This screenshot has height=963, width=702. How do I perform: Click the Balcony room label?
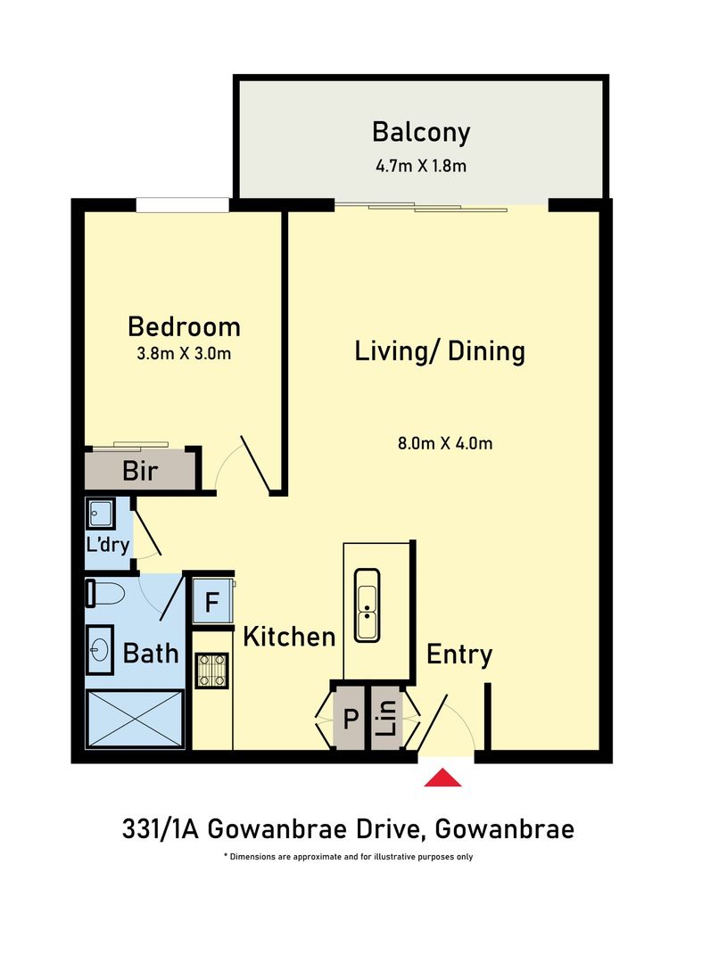click(x=420, y=133)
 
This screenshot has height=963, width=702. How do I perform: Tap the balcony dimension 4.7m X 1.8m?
click(x=420, y=165)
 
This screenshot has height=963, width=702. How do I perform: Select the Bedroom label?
click(x=184, y=325)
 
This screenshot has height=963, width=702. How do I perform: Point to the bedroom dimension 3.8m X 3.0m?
click(x=184, y=353)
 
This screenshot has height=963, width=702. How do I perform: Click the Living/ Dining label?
click(x=440, y=350)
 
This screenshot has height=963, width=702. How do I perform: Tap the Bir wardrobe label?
click(x=140, y=471)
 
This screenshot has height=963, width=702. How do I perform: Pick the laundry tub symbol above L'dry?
click(x=101, y=513)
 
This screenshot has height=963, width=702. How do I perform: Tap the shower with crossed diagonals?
click(x=136, y=719)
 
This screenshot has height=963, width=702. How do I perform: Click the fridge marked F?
click(x=212, y=601)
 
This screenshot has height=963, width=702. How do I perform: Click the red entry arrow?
click(x=442, y=778)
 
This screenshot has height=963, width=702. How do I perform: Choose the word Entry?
click(x=459, y=654)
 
